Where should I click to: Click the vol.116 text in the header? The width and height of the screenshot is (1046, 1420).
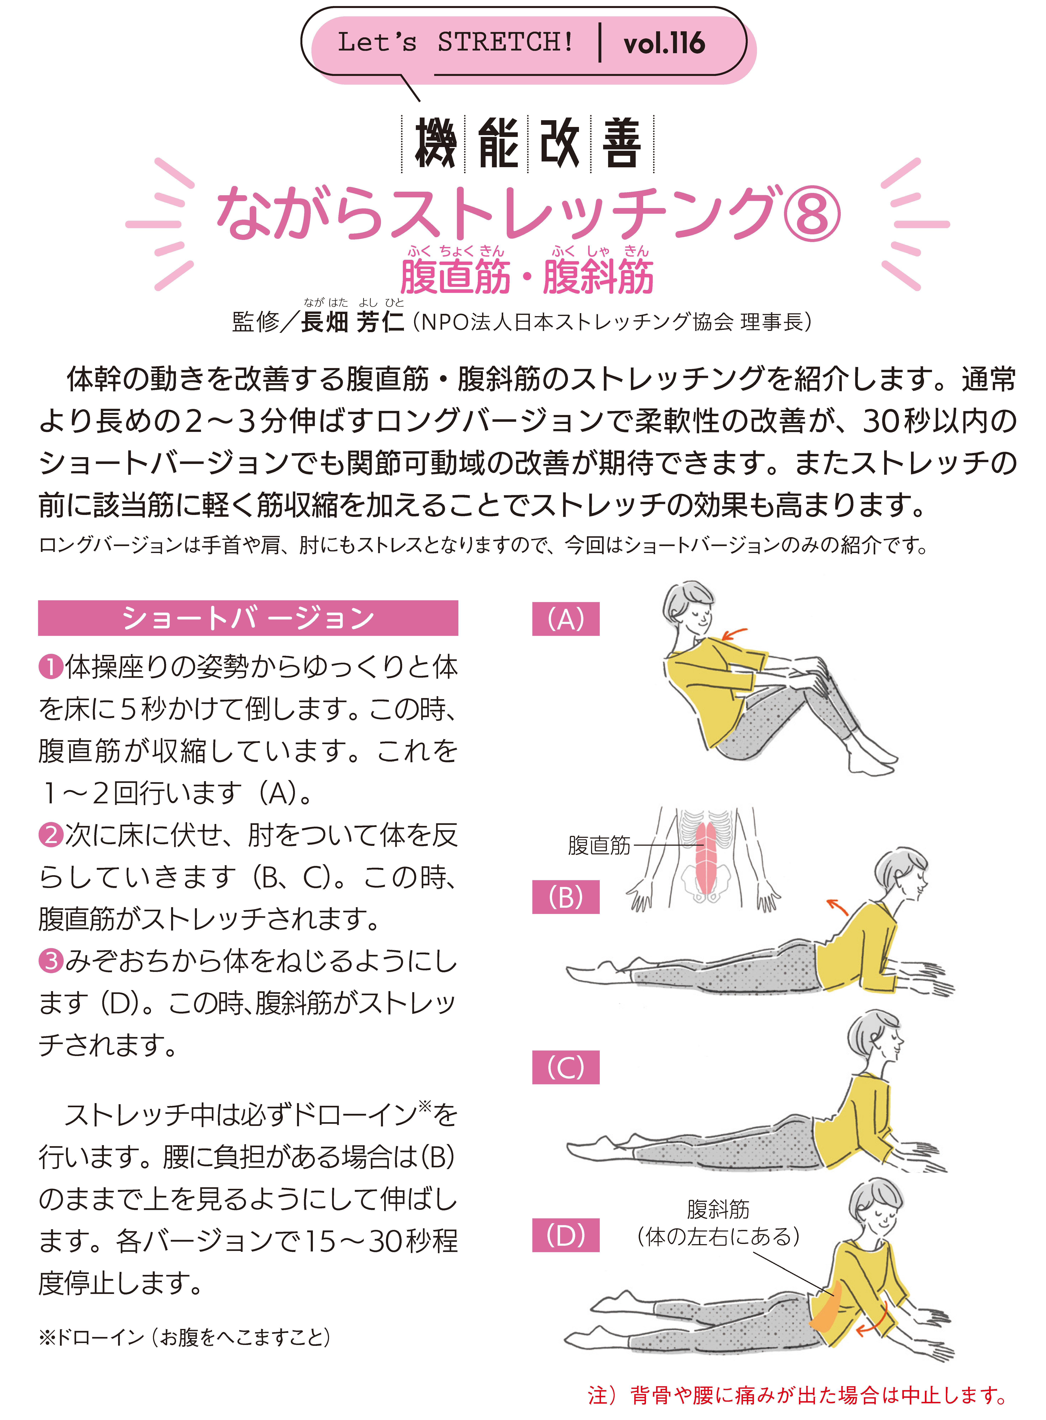664,43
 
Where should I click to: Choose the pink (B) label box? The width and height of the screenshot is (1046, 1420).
565,897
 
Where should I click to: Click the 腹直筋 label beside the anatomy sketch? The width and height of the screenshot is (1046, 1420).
599,845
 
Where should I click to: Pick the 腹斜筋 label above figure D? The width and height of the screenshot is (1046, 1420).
718,1209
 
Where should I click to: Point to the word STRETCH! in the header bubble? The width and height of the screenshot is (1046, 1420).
505,42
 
